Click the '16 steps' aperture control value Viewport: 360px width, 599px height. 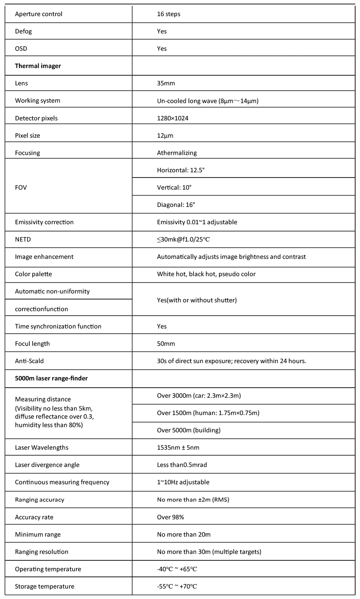point(168,14)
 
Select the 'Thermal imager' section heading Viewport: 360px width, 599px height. point(38,66)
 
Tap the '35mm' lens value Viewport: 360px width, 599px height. point(166,83)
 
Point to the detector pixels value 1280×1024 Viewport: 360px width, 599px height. point(172,118)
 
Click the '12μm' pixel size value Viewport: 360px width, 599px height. point(165,136)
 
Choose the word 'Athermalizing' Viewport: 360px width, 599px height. point(177,153)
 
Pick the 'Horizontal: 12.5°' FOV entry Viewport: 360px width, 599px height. point(181,170)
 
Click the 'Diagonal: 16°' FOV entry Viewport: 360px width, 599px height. point(176,205)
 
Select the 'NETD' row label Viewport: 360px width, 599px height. point(23,240)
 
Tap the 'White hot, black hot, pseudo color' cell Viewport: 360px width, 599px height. point(206,274)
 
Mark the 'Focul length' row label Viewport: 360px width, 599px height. point(32,344)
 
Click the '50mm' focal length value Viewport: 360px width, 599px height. point(166,344)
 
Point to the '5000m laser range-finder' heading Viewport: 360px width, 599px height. point(51,378)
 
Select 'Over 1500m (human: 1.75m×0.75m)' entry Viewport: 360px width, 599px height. point(208,413)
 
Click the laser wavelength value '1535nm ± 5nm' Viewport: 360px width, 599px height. point(178,448)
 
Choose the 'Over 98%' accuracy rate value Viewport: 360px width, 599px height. point(170,517)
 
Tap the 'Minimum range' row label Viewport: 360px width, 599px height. point(38,535)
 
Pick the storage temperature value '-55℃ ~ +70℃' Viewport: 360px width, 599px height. point(177,587)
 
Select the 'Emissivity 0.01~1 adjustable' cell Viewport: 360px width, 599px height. point(197,222)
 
